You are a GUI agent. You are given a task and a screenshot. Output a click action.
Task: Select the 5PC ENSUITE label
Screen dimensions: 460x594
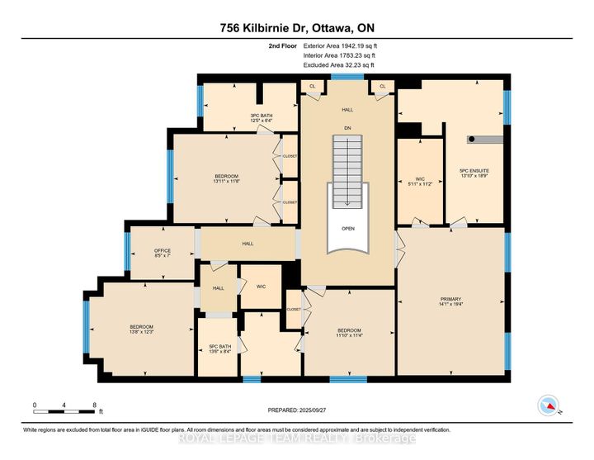[x=474, y=173]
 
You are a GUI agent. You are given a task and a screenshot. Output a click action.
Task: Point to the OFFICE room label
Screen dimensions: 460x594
[x=162, y=253]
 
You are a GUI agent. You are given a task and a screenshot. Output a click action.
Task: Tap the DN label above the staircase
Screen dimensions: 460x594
[x=346, y=128]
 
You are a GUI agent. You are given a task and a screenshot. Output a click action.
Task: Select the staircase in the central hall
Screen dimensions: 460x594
[x=347, y=172]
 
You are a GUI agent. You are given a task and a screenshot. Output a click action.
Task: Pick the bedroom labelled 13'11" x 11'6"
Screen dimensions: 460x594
[x=227, y=178]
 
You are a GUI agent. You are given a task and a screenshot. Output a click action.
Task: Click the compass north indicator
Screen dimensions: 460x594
[x=546, y=405]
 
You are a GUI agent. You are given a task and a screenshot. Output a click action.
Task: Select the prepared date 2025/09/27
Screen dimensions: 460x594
[x=297, y=410]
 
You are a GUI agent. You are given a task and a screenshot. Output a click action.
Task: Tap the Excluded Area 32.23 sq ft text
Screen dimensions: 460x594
[x=338, y=64]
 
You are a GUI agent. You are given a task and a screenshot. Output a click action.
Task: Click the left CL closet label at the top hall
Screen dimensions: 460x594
[x=313, y=86]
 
